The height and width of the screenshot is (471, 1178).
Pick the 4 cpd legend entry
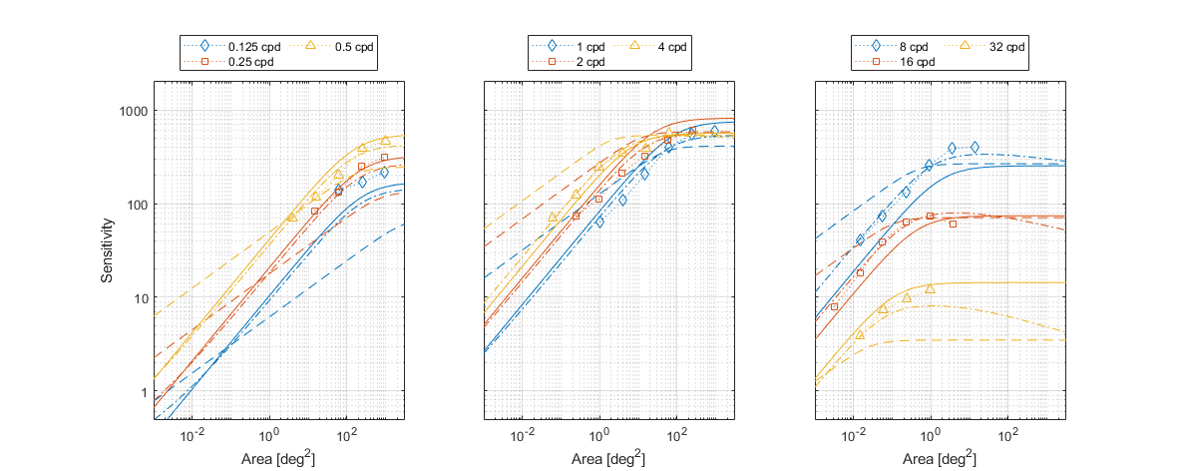click(x=672, y=47)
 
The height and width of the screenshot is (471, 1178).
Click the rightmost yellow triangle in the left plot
click(x=385, y=142)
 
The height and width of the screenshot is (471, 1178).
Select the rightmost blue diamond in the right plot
click(x=975, y=148)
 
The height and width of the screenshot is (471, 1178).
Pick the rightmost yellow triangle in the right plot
click(x=930, y=288)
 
